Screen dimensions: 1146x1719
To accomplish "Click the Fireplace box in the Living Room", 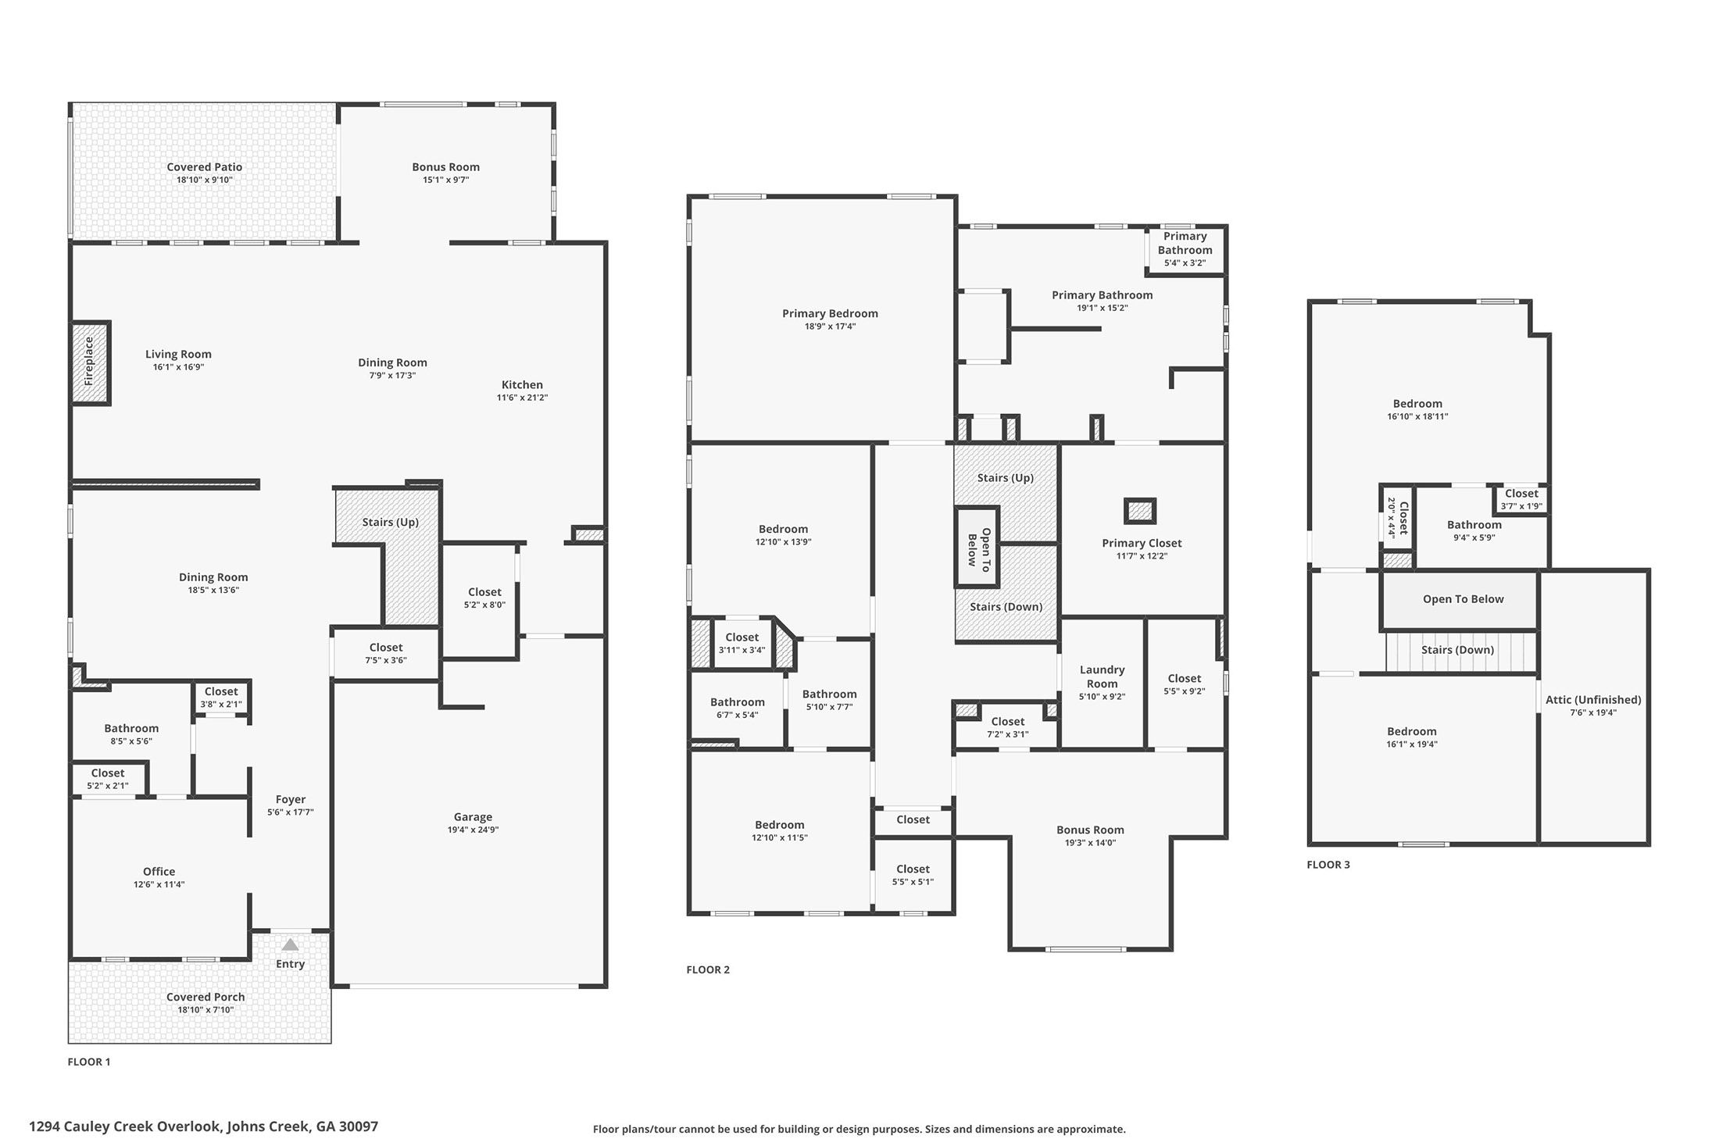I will pyautogui.click(x=90, y=363).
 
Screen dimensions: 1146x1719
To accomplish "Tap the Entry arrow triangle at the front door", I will pyautogui.click(x=290, y=945).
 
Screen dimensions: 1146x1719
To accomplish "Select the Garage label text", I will pyautogui.click(x=473, y=817).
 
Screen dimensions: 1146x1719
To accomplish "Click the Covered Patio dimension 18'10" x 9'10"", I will pyautogui.click(x=204, y=180).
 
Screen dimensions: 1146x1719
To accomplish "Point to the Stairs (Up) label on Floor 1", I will pyautogui.click(x=390, y=522).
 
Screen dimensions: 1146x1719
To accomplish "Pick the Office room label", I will pyautogui.click(x=159, y=872).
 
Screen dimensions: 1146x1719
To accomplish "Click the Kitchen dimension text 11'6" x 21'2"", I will pyautogui.click(x=522, y=398).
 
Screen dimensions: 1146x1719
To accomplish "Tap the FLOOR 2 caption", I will pyautogui.click(x=707, y=969).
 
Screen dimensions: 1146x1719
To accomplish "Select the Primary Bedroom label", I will pyautogui.click(x=830, y=313).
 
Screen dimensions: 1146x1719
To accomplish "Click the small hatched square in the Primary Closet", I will pyautogui.click(x=1140, y=512).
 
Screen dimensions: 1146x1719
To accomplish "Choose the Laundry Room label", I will pyautogui.click(x=1102, y=677).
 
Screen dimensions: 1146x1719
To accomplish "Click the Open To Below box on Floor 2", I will pyautogui.click(x=977, y=547).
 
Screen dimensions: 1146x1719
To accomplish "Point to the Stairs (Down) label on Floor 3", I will pyautogui.click(x=1457, y=650).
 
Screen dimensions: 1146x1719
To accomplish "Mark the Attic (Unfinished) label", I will pyautogui.click(x=1593, y=700).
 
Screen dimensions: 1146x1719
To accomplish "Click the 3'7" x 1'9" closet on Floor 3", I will pyautogui.click(x=1521, y=499).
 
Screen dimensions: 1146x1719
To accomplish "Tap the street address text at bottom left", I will pyautogui.click(x=203, y=1126).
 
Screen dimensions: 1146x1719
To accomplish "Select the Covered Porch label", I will pyautogui.click(x=205, y=997).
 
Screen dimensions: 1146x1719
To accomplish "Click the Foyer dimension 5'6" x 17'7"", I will pyautogui.click(x=290, y=812).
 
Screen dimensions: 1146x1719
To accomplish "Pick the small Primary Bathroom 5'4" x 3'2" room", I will pyautogui.click(x=1185, y=249).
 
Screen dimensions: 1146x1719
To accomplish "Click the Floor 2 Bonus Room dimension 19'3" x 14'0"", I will pyautogui.click(x=1090, y=843).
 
